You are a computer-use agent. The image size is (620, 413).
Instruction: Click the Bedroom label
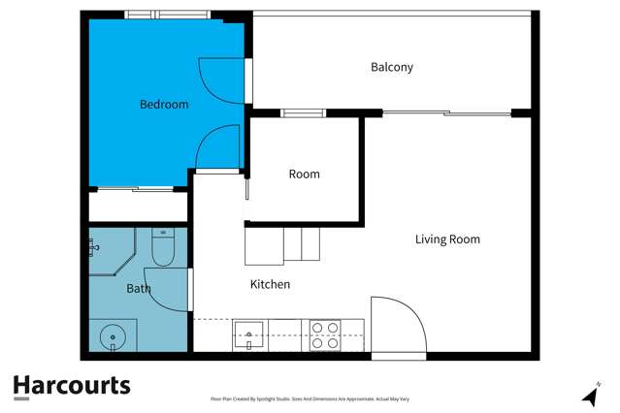click(x=164, y=104)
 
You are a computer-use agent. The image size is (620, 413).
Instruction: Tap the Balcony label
click(x=392, y=67)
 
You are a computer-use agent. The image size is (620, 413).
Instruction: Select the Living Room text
click(x=447, y=238)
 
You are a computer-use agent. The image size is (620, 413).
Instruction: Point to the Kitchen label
click(x=270, y=284)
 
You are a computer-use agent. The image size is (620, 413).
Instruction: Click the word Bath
click(x=138, y=288)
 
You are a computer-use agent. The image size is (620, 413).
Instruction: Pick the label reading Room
click(x=304, y=174)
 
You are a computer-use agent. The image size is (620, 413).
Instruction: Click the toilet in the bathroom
click(x=162, y=250)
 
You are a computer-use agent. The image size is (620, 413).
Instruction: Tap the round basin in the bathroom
click(x=113, y=337)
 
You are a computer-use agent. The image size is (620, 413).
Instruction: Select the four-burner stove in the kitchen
click(x=324, y=335)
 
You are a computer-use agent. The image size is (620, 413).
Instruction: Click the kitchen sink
click(x=249, y=335)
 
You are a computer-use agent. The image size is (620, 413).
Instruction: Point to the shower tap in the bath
click(x=93, y=248)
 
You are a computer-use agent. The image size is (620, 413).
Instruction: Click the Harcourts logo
click(x=71, y=386)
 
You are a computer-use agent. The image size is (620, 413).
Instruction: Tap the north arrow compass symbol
click(x=588, y=395)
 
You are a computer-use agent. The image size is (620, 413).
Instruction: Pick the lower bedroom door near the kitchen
click(x=217, y=148)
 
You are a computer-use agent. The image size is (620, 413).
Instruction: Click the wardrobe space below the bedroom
click(x=137, y=206)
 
